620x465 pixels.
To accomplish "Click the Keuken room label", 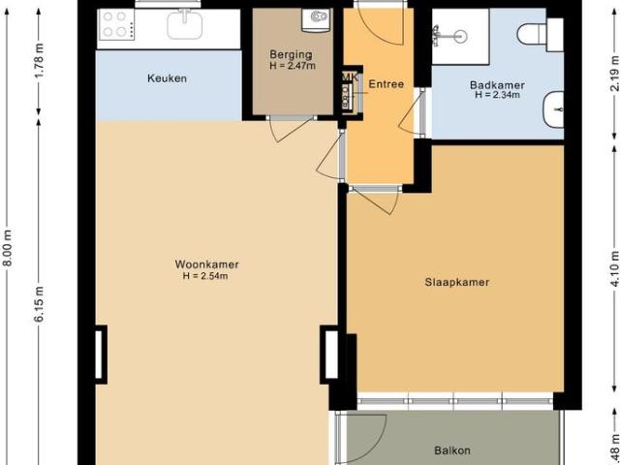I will [168, 77].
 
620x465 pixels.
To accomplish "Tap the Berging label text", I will [292, 55].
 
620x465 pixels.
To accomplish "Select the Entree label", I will [386, 84].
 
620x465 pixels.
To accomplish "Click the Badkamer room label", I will [497, 84].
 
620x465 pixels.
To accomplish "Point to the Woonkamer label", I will [207, 264].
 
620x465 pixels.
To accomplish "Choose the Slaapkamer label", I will [456, 283].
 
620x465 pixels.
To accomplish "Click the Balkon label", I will [451, 450].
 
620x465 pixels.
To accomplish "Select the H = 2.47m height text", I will [292, 67].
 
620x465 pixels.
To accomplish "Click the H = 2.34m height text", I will [497, 95].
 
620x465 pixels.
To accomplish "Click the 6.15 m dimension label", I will [40, 293].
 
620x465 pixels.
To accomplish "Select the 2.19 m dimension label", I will [615, 75].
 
